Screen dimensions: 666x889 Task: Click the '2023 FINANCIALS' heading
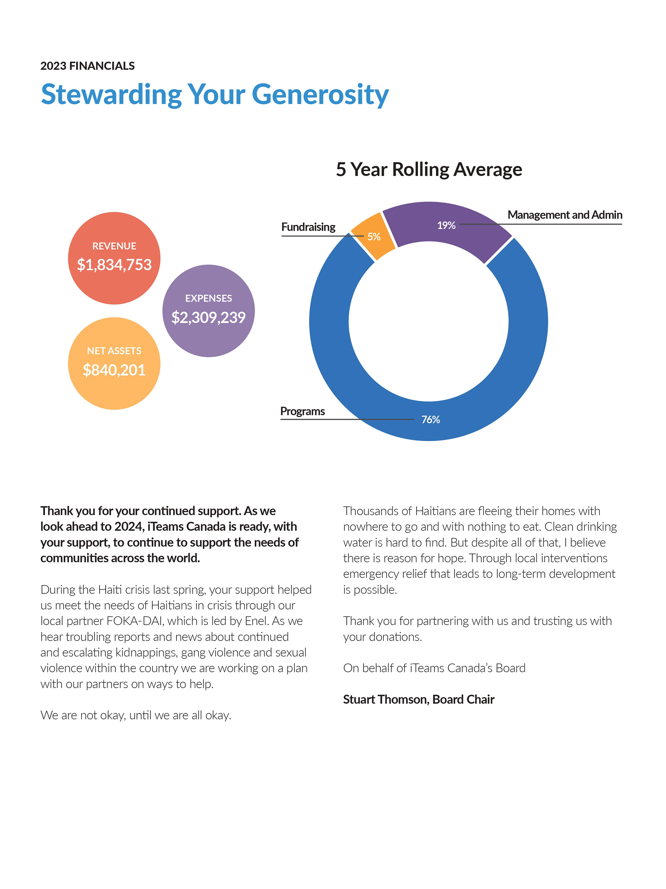coord(87,66)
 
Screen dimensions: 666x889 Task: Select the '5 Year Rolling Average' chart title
coord(429,169)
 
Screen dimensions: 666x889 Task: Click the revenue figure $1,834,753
coord(114,265)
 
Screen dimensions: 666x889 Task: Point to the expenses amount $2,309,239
coord(208,317)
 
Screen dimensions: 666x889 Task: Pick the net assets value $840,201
coord(114,370)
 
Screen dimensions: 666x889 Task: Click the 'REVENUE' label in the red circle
coord(114,246)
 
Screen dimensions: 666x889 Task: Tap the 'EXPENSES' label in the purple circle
coord(208,298)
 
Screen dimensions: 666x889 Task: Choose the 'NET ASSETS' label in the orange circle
coord(114,351)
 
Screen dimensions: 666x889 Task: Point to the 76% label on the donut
coord(430,419)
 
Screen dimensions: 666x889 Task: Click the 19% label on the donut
coord(446,225)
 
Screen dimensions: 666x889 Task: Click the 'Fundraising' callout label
coord(308,227)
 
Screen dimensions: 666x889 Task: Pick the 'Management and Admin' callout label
coord(565,215)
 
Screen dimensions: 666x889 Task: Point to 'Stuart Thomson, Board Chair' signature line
coord(418,700)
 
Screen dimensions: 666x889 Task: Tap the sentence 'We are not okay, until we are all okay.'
coord(136,715)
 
